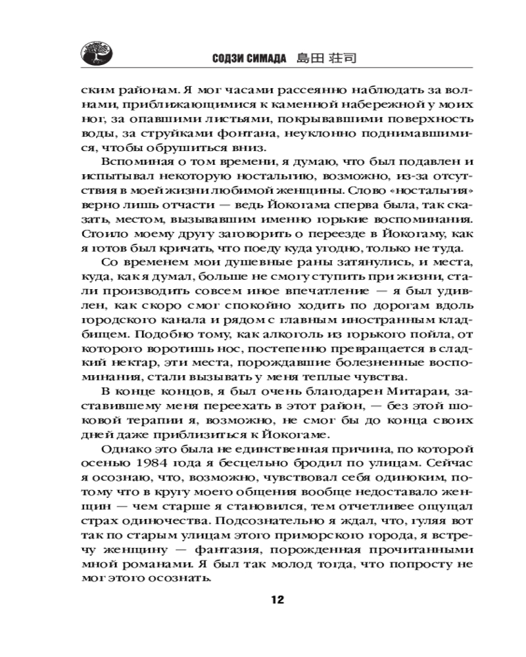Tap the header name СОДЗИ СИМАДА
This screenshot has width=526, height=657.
tap(249, 58)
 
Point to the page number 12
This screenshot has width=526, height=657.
tap(276, 599)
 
